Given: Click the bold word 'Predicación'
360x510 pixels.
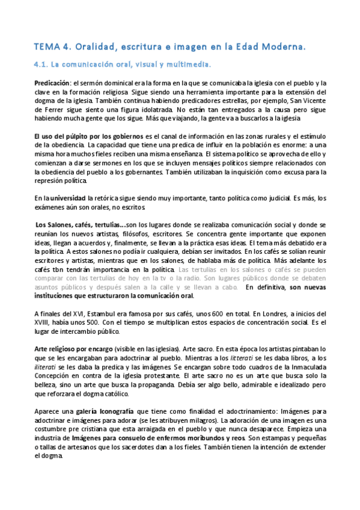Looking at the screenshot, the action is tap(52, 83).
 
